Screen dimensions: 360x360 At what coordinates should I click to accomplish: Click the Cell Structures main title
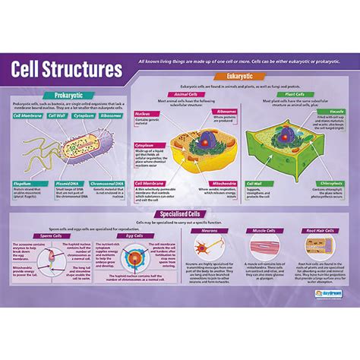tap(67, 70)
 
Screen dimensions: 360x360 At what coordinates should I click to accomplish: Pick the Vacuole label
tap(336, 110)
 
